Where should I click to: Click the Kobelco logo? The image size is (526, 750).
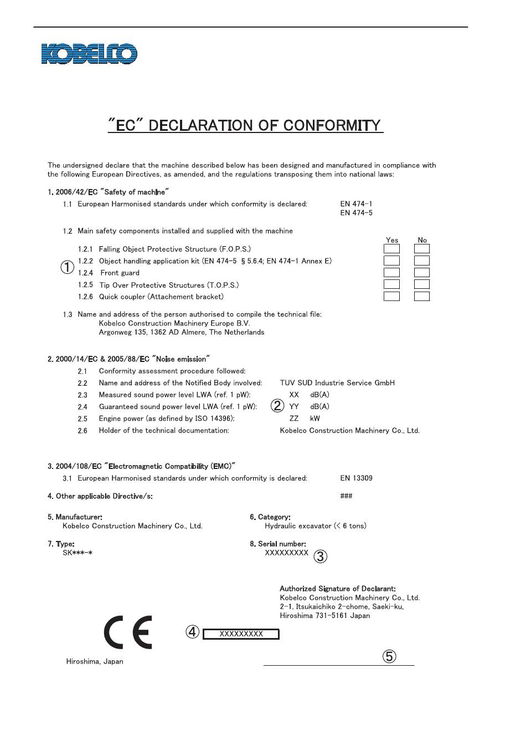(x=89, y=54)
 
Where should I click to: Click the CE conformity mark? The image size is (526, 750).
(x=128, y=632)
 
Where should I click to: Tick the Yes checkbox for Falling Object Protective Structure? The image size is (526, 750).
(x=391, y=249)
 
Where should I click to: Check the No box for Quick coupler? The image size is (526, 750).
(x=422, y=297)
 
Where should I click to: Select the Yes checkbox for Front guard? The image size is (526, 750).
(x=391, y=273)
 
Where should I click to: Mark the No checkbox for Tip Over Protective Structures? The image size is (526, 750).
(x=422, y=284)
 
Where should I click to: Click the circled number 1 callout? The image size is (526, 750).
(x=67, y=267)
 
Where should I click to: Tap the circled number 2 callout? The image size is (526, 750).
(x=277, y=406)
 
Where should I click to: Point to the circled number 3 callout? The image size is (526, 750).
(x=320, y=556)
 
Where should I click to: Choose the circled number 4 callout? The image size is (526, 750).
(x=192, y=632)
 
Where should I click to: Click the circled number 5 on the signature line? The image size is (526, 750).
(x=389, y=657)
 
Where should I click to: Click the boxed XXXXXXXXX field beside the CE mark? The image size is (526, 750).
(x=241, y=634)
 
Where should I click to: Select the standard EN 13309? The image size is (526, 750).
(x=356, y=478)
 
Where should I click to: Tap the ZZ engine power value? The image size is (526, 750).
(x=294, y=419)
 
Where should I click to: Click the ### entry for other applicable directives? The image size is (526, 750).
(x=346, y=496)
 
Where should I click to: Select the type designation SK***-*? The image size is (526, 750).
(x=77, y=553)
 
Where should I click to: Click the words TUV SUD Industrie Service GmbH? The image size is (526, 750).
(x=337, y=382)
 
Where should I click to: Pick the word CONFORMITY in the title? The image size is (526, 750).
(x=333, y=125)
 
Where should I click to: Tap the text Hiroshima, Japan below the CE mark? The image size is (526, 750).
(x=95, y=661)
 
